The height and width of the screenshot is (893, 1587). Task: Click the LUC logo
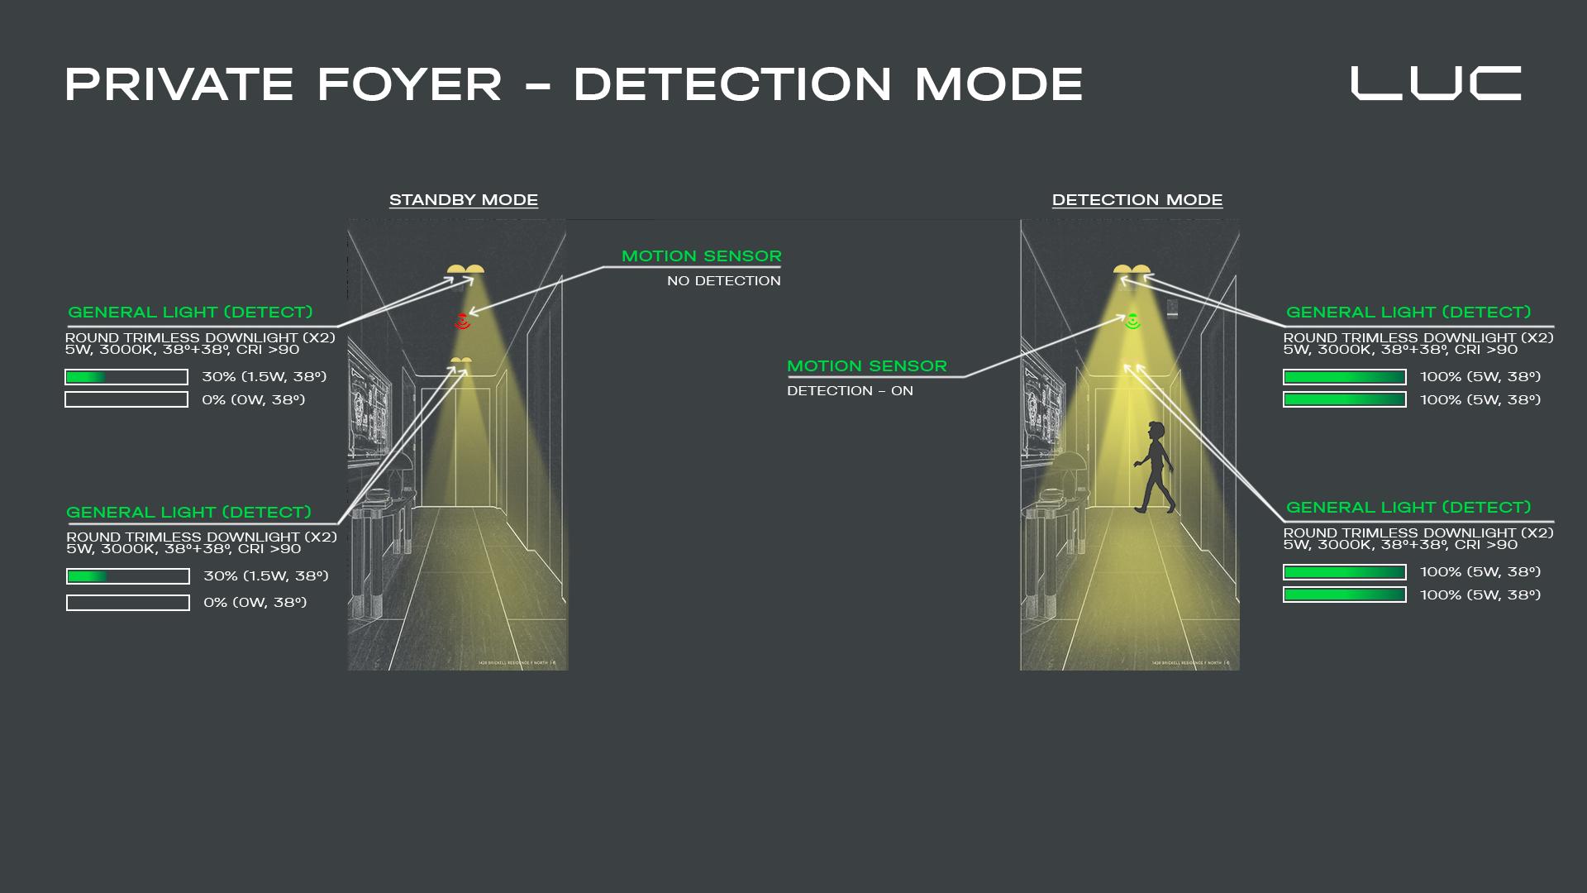coord(1436,84)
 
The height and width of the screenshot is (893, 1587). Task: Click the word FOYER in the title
coord(409,84)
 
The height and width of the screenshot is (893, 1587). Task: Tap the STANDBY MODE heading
coord(464,200)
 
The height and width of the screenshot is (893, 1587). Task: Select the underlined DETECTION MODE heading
coord(1137,200)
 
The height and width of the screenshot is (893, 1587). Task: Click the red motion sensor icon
coord(463,321)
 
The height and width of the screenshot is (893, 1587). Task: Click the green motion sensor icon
coord(1132,321)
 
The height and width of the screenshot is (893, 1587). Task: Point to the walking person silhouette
coord(1155,467)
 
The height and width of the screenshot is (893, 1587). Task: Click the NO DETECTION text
coord(723,281)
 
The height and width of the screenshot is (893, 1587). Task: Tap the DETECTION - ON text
coord(850,391)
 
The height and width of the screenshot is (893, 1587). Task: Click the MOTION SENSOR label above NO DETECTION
coord(701,256)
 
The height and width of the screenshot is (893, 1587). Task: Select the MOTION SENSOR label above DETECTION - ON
coord(866,366)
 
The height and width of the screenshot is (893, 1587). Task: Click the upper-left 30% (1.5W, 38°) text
coord(264,377)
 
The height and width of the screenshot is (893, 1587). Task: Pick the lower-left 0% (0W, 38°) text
coord(255,603)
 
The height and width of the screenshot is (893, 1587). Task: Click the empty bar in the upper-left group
coord(126,400)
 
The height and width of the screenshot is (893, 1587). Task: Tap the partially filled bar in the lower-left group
coord(128,576)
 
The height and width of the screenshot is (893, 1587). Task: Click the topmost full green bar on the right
coord(1344,377)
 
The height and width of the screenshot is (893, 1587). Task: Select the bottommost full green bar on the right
coord(1344,595)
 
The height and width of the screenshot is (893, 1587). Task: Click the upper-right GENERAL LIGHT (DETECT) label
coord(1408,313)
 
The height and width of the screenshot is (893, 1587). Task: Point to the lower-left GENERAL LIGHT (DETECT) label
coord(188,513)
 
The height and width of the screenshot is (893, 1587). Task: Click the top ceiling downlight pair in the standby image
coord(465,270)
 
